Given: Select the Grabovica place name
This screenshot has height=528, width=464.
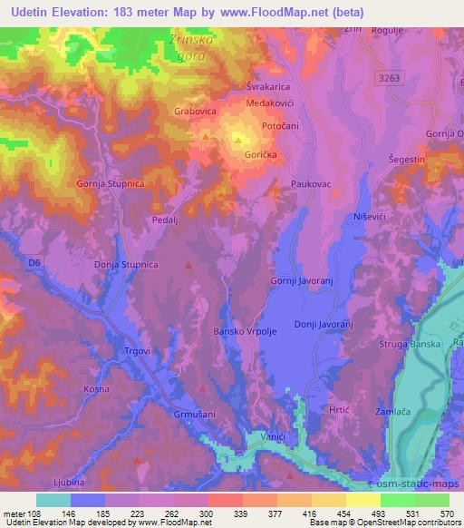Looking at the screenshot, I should tap(196, 112).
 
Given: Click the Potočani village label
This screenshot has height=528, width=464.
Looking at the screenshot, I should tap(280, 125).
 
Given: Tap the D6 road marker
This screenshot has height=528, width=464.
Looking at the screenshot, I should tap(34, 263).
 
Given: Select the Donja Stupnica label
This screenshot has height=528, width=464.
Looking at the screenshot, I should tap(127, 265).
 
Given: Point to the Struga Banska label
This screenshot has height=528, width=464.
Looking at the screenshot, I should tap(413, 345).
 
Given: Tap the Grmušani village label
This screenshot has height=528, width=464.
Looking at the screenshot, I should tap(194, 415).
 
